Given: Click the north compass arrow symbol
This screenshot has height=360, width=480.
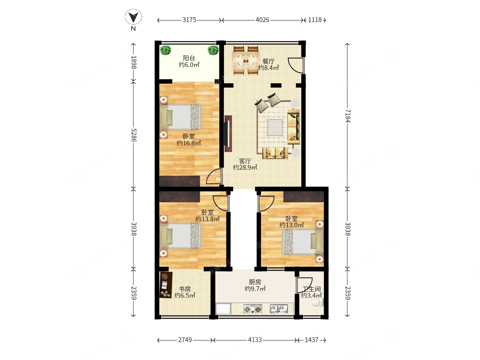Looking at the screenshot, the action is point(133,17).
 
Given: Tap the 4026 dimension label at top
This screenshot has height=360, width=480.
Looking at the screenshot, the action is point(262,20).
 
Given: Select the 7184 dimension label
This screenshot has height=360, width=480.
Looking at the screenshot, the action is point(348,116).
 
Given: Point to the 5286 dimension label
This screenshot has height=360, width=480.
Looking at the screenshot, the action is point(134,135).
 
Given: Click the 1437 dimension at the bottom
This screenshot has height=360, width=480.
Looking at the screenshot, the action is point(311,340).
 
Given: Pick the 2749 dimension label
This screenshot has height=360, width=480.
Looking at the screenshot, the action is point(185,340).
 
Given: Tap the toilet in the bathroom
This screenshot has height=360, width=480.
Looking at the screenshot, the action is point(318,303).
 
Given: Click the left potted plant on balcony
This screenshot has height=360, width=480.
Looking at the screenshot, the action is point(165,50).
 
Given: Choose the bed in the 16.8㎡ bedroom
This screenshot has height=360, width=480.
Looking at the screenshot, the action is point(180,117).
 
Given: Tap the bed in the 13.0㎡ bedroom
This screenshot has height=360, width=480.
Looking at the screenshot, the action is point(303,242).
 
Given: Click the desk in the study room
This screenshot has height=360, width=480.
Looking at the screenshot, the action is point(166,285).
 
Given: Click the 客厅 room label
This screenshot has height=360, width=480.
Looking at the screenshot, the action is point(245,161).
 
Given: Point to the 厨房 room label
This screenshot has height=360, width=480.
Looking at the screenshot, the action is point(255,282).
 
